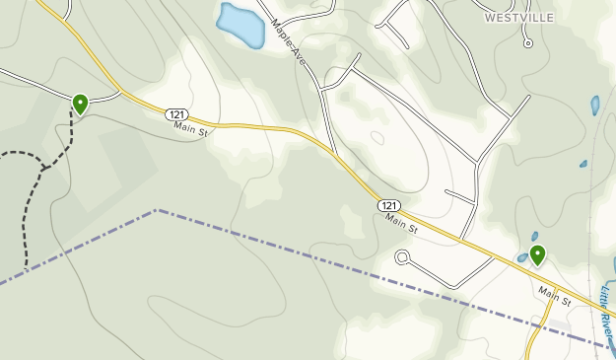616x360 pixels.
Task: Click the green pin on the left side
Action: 80,103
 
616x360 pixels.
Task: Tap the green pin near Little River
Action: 537,254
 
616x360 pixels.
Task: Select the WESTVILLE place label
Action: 519,18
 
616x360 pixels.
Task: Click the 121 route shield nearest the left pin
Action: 176,114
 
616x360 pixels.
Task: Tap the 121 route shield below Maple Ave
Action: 388,205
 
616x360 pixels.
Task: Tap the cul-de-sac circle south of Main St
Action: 402,258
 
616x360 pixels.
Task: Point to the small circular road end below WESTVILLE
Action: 528,43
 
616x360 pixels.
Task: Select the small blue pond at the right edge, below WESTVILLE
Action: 595,105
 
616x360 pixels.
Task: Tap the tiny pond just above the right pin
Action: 534,237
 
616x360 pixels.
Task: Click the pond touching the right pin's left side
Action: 522,258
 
